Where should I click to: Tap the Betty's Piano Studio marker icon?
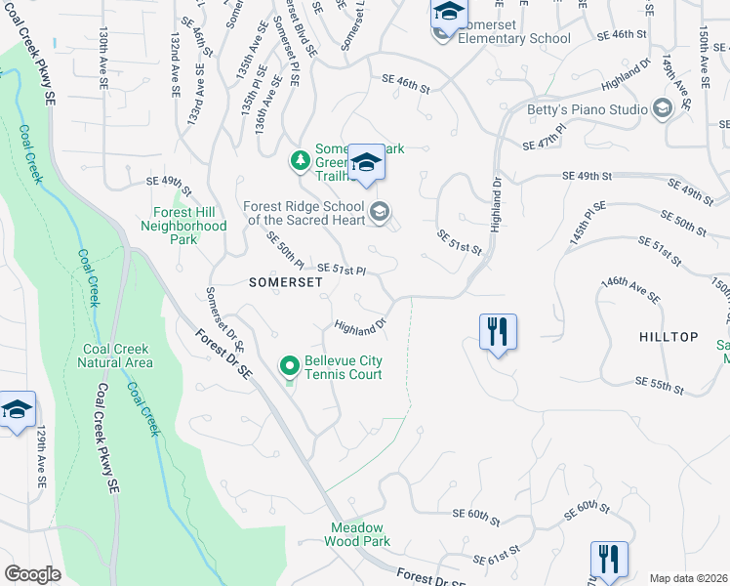[x=664, y=108]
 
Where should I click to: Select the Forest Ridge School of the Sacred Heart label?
[x=304, y=213]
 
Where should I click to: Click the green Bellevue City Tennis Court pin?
[x=290, y=367]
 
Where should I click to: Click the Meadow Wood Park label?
[x=359, y=534]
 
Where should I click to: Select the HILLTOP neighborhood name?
[x=669, y=337]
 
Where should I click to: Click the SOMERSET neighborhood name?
[x=258, y=281]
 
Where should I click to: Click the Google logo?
[x=32, y=574]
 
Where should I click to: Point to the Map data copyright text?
[x=689, y=578]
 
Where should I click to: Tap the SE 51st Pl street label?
[x=343, y=270]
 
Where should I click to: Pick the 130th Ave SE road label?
[x=102, y=60]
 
